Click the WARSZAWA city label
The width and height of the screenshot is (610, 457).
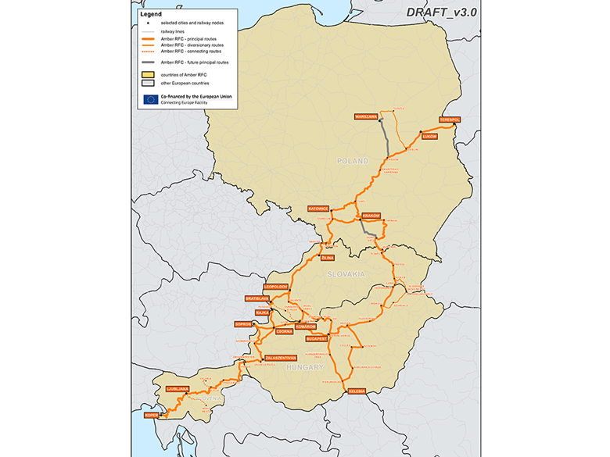(x=365, y=116)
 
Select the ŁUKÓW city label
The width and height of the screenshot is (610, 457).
(x=429, y=136)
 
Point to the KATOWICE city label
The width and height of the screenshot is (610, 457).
(x=318, y=209)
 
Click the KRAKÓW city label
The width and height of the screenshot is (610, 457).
(x=371, y=216)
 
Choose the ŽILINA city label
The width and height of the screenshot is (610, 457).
(x=328, y=257)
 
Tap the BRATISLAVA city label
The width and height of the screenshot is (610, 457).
(x=257, y=298)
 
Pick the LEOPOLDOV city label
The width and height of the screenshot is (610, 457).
(x=277, y=287)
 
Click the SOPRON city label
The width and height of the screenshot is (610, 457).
(x=242, y=323)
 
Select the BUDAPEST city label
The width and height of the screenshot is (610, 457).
(x=316, y=340)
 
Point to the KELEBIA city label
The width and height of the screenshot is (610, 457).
(x=357, y=390)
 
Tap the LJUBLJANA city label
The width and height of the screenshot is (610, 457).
(x=178, y=388)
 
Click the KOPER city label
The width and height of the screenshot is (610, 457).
(x=151, y=415)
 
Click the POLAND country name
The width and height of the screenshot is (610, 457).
(x=352, y=161)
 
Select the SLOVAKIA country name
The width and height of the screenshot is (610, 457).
(x=347, y=274)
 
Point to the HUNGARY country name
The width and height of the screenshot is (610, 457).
(x=303, y=366)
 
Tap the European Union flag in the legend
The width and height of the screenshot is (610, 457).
(x=150, y=99)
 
